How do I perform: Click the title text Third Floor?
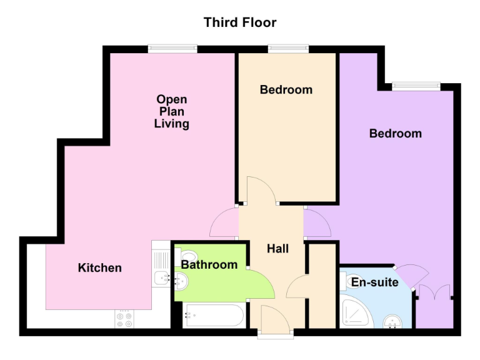tap(240, 22)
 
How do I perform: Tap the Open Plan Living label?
tap(172, 111)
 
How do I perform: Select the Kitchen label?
tap(99, 267)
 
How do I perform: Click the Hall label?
tap(277, 249)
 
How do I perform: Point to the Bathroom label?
tap(209, 265)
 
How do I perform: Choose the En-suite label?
tap(374, 282)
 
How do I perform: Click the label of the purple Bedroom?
tap(395, 133)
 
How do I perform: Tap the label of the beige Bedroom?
tap(286, 89)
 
